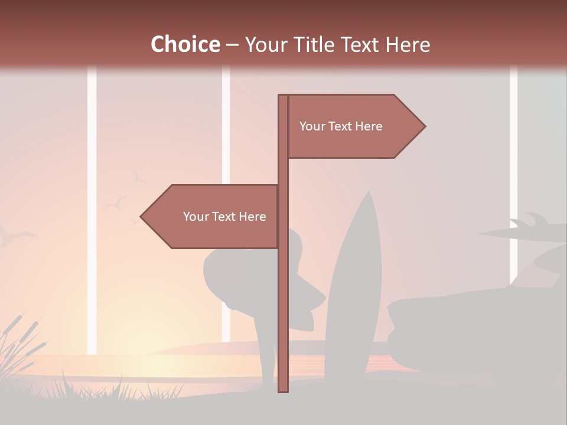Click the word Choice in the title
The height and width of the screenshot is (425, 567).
(x=185, y=44)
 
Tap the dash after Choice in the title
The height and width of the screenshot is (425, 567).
(x=232, y=45)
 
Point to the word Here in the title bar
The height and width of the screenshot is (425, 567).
(x=408, y=44)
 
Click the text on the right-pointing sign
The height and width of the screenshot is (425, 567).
(x=341, y=126)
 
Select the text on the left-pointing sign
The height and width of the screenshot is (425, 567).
(x=224, y=217)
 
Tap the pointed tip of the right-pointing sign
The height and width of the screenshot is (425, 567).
(x=424, y=126)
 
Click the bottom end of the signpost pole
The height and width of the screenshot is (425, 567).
(x=283, y=390)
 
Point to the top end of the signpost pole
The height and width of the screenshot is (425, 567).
(x=283, y=96)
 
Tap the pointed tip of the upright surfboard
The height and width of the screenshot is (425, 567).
(x=369, y=192)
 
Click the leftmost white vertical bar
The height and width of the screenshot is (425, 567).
(x=92, y=207)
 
